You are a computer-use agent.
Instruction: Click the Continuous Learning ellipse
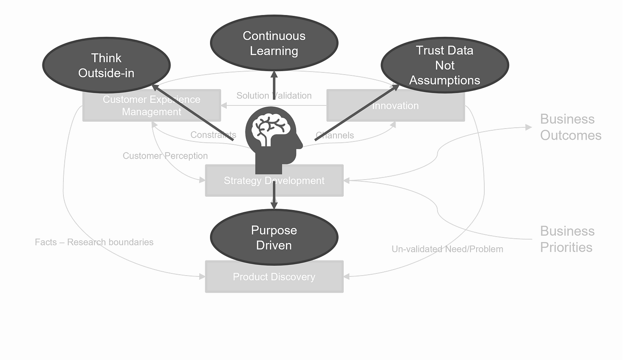click(274, 43)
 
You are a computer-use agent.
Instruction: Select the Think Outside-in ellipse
click(106, 65)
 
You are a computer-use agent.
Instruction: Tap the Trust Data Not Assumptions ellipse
click(444, 65)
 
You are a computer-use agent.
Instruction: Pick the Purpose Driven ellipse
click(274, 237)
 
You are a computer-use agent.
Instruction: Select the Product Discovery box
click(274, 281)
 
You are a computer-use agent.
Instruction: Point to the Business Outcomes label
click(570, 127)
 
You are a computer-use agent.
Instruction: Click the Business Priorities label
click(567, 239)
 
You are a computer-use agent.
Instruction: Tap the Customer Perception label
click(165, 156)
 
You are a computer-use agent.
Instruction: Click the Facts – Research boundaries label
click(94, 242)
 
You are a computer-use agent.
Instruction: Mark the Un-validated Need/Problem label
click(447, 249)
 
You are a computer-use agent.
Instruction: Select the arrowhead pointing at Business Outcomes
click(529, 127)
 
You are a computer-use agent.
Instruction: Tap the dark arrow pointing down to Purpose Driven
click(274, 201)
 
